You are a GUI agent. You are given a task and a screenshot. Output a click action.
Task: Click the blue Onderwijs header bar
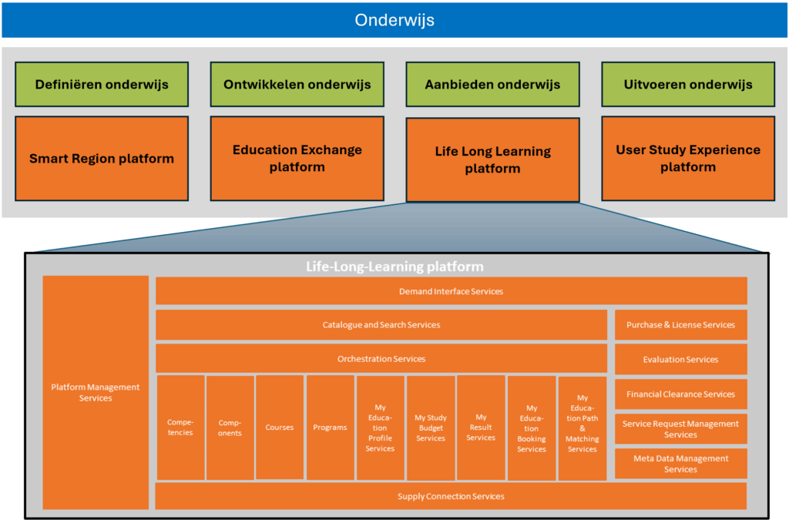tap(394, 20)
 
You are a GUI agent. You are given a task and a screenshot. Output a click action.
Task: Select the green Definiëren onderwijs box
tap(102, 85)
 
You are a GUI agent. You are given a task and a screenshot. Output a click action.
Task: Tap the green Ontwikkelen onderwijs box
tap(297, 85)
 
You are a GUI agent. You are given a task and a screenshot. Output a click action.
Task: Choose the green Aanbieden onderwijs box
tap(492, 85)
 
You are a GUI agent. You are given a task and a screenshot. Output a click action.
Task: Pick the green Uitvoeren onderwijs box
tap(688, 85)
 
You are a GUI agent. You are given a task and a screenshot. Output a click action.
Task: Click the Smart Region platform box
tap(102, 159)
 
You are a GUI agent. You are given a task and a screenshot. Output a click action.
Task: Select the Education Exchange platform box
tap(297, 158)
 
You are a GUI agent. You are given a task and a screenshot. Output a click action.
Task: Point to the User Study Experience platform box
tap(688, 158)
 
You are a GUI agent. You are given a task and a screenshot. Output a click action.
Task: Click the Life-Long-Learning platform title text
tap(394, 267)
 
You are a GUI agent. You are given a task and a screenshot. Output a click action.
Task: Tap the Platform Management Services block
tap(96, 392)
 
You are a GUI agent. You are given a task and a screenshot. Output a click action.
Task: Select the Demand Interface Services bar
tap(451, 291)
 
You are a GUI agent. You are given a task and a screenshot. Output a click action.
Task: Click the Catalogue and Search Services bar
tap(381, 325)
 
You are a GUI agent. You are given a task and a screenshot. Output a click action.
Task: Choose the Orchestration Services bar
tap(381, 359)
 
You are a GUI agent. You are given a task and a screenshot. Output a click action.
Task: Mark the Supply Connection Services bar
tap(451, 496)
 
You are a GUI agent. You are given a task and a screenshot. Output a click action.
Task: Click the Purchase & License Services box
tap(680, 325)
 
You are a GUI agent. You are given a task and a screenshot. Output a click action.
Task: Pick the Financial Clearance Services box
tap(680, 394)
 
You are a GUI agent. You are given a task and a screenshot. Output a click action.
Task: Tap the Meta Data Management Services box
tap(680, 464)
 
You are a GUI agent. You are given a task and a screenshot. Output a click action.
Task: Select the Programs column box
tap(331, 428)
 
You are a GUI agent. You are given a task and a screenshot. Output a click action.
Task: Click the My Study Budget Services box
tap(431, 428)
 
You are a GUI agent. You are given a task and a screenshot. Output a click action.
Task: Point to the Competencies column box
tap(180, 428)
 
